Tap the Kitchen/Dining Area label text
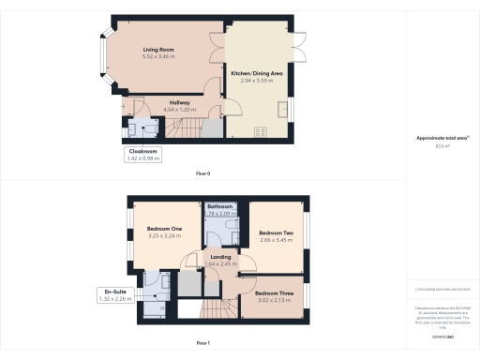pyautogui.click(x=258, y=72)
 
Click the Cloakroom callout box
pyautogui.click(x=142, y=155)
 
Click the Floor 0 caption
pyautogui.click(x=202, y=174)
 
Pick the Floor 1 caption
pyautogui.click(x=202, y=343)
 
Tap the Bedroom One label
pyautogui.click(x=164, y=228)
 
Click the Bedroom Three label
pyautogui.click(x=274, y=292)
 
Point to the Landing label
pyautogui.click(x=221, y=256)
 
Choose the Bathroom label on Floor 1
pyautogui.click(x=220, y=206)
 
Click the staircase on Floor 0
pyautogui.click(x=191, y=128)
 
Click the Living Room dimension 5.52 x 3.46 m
pyautogui.click(x=158, y=56)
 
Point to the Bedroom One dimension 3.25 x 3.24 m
pyautogui.click(x=164, y=236)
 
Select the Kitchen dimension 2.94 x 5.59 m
pyautogui.click(x=258, y=81)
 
